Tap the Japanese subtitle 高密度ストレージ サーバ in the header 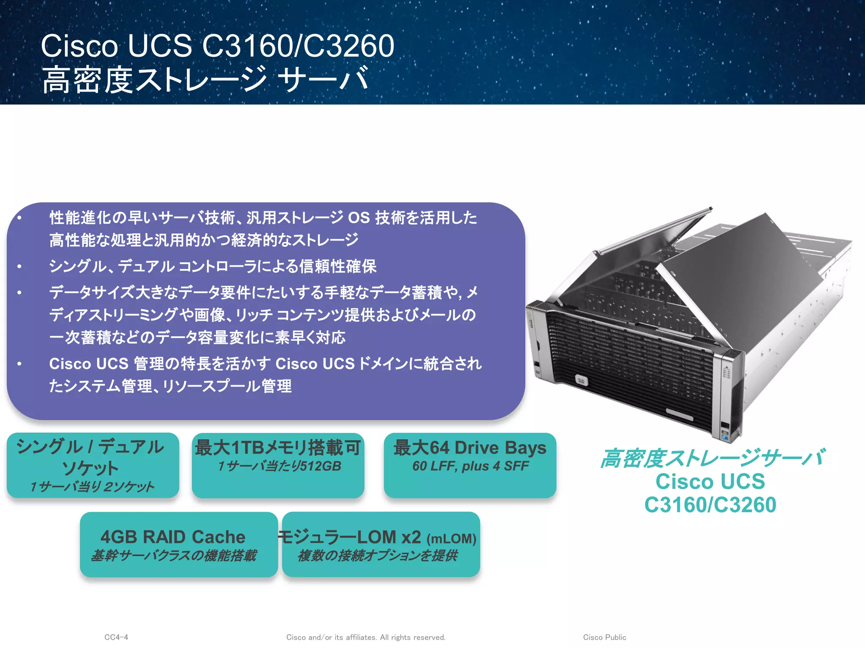point(205,80)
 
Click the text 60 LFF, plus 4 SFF point(470,466)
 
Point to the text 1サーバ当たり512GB point(279,466)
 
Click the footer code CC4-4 point(116,637)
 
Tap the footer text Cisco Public point(604,637)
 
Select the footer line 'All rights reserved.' point(413,637)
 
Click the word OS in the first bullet point(359,218)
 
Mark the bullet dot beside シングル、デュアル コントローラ point(19,267)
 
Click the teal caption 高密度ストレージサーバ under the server point(712,459)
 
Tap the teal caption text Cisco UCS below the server point(710,481)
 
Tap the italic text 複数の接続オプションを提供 point(377,556)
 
